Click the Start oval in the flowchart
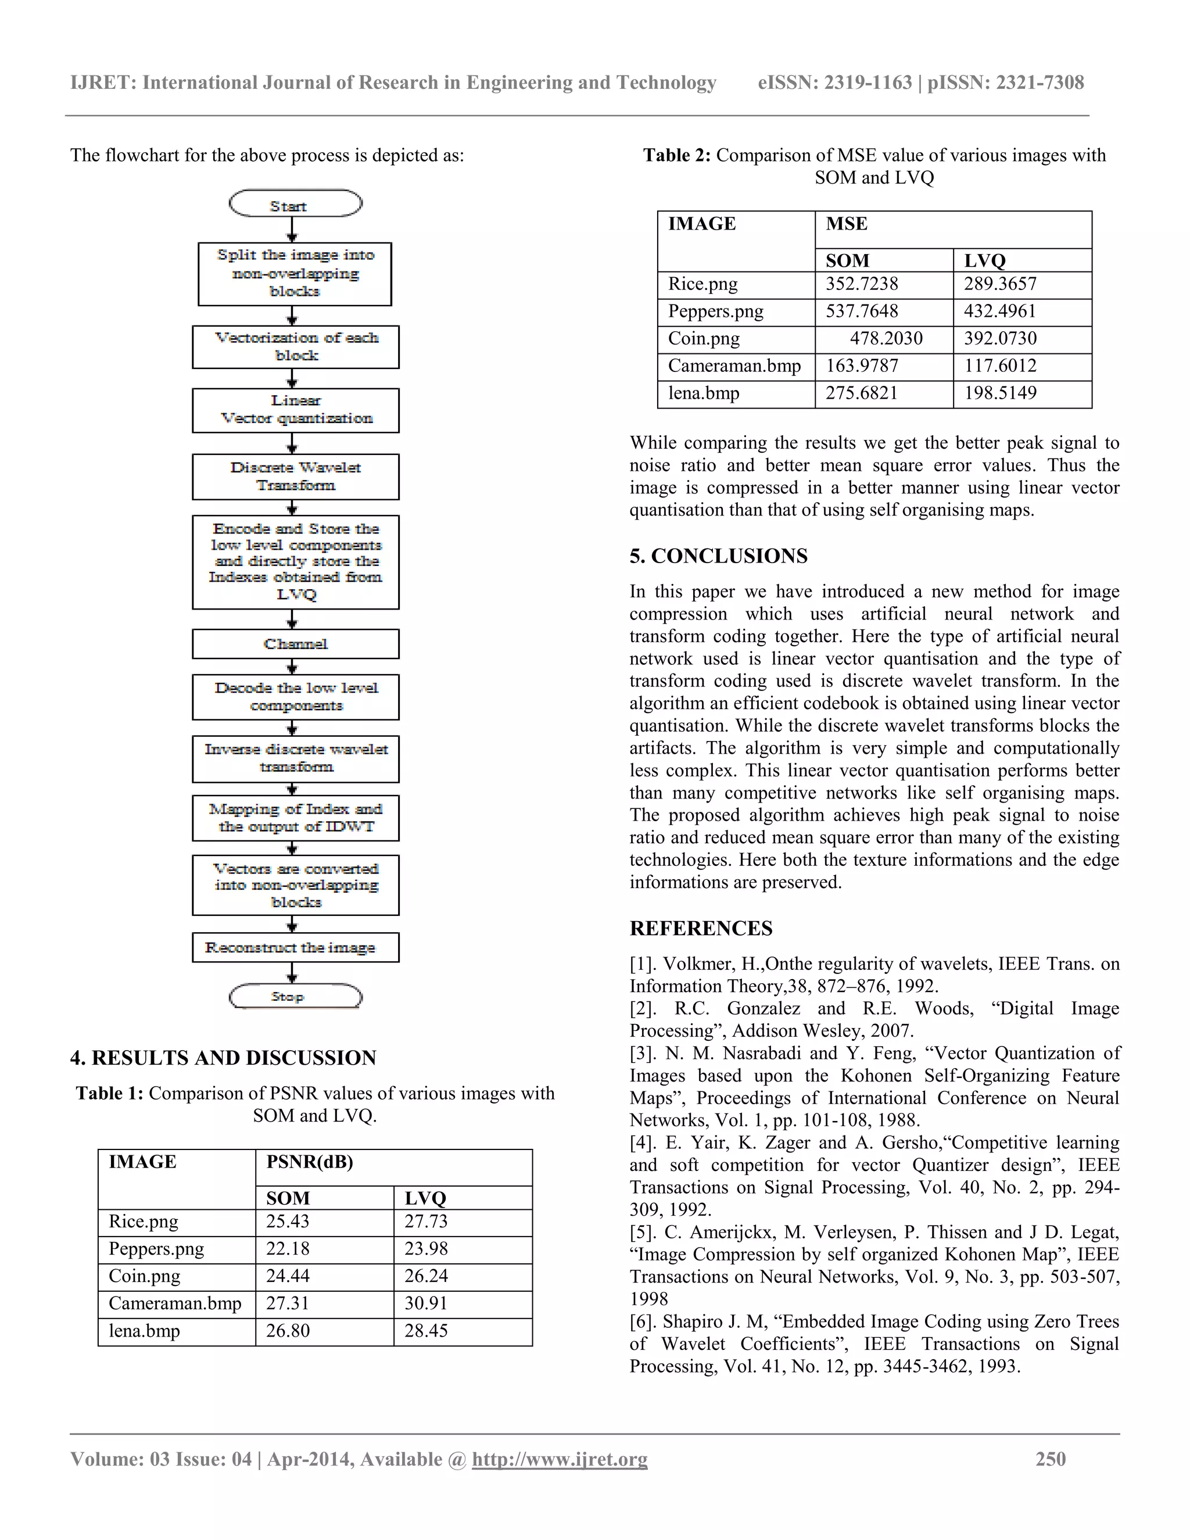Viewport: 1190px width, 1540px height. click(x=295, y=205)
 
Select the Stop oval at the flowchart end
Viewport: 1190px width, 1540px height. click(x=295, y=996)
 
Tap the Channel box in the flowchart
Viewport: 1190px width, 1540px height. click(x=295, y=644)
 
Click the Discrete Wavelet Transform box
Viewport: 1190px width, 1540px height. click(x=295, y=477)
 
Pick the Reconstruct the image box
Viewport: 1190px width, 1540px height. click(x=295, y=948)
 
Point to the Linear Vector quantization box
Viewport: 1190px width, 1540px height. click(x=295, y=410)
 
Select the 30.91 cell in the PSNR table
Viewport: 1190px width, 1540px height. click(x=426, y=1303)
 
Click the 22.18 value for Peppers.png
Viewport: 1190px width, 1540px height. click(x=288, y=1249)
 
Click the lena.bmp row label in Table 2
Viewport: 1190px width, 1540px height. click(x=704, y=393)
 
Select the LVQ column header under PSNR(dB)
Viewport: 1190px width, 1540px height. click(x=425, y=1198)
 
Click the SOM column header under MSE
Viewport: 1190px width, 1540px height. click(x=847, y=260)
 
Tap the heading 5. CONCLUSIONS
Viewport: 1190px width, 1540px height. click(x=718, y=556)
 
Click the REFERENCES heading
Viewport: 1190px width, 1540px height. click(x=701, y=928)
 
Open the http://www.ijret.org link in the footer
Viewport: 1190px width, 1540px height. click(x=559, y=1459)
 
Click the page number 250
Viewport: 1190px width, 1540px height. click(x=1050, y=1459)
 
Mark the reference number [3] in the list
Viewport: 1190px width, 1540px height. click(x=644, y=1054)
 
